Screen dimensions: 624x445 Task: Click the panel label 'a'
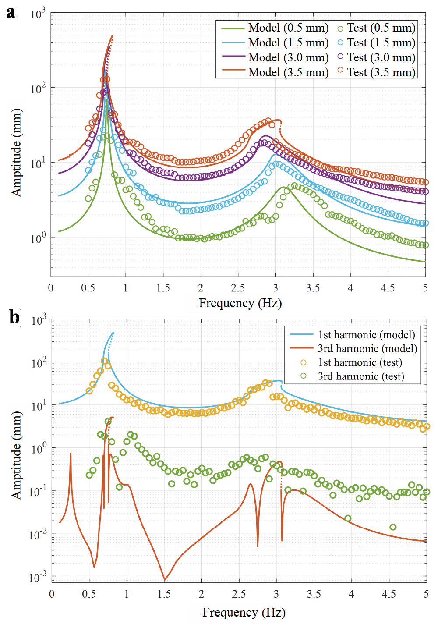pyautogui.click(x=11, y=13)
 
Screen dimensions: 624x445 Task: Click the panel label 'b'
pyautogui.click(x=14, y=316)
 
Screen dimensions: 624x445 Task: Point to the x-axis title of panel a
pyautogui.click(x=240, y=303)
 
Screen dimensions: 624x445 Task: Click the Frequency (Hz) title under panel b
pyautogui.click(x=244, y=612)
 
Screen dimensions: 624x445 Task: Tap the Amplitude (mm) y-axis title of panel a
pyautogui.click(x=16, y=152)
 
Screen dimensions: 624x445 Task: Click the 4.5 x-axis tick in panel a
pyautogui.click(x=388, y=288)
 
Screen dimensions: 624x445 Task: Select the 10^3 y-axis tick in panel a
pyautogui.click(x=38, y=14)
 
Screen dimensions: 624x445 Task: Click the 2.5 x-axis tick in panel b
pyautogui.click(x=239, y=594)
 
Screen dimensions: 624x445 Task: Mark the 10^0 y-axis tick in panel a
pyautogui.click(x=38, y=239)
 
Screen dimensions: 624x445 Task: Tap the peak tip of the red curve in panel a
pyautogui.click(x=112, y=36)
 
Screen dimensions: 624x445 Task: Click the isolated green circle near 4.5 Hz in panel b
pyautogui.click(x=393, y=527)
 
